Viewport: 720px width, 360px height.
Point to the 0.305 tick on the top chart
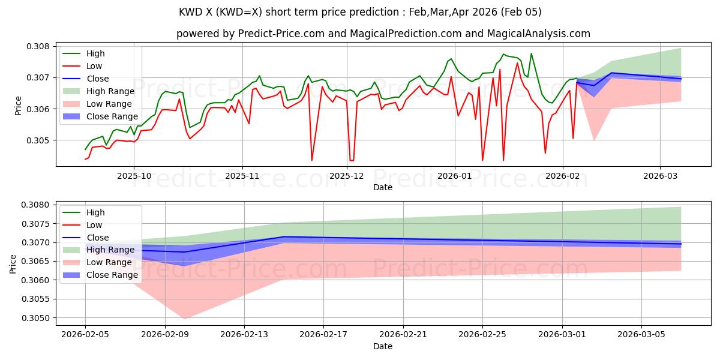point(40,140)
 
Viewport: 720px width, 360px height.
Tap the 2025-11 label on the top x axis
point(242,176)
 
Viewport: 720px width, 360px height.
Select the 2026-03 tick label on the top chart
point(660,176)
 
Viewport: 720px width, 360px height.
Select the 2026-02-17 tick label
point(323,335)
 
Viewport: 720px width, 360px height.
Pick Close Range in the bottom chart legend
point(112,275)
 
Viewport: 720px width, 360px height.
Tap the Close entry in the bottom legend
point(98,238)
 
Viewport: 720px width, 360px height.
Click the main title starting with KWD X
point(360,12)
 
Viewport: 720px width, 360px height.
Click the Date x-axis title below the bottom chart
point(383,346)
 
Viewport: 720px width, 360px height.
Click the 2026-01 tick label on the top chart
point(454,176)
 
